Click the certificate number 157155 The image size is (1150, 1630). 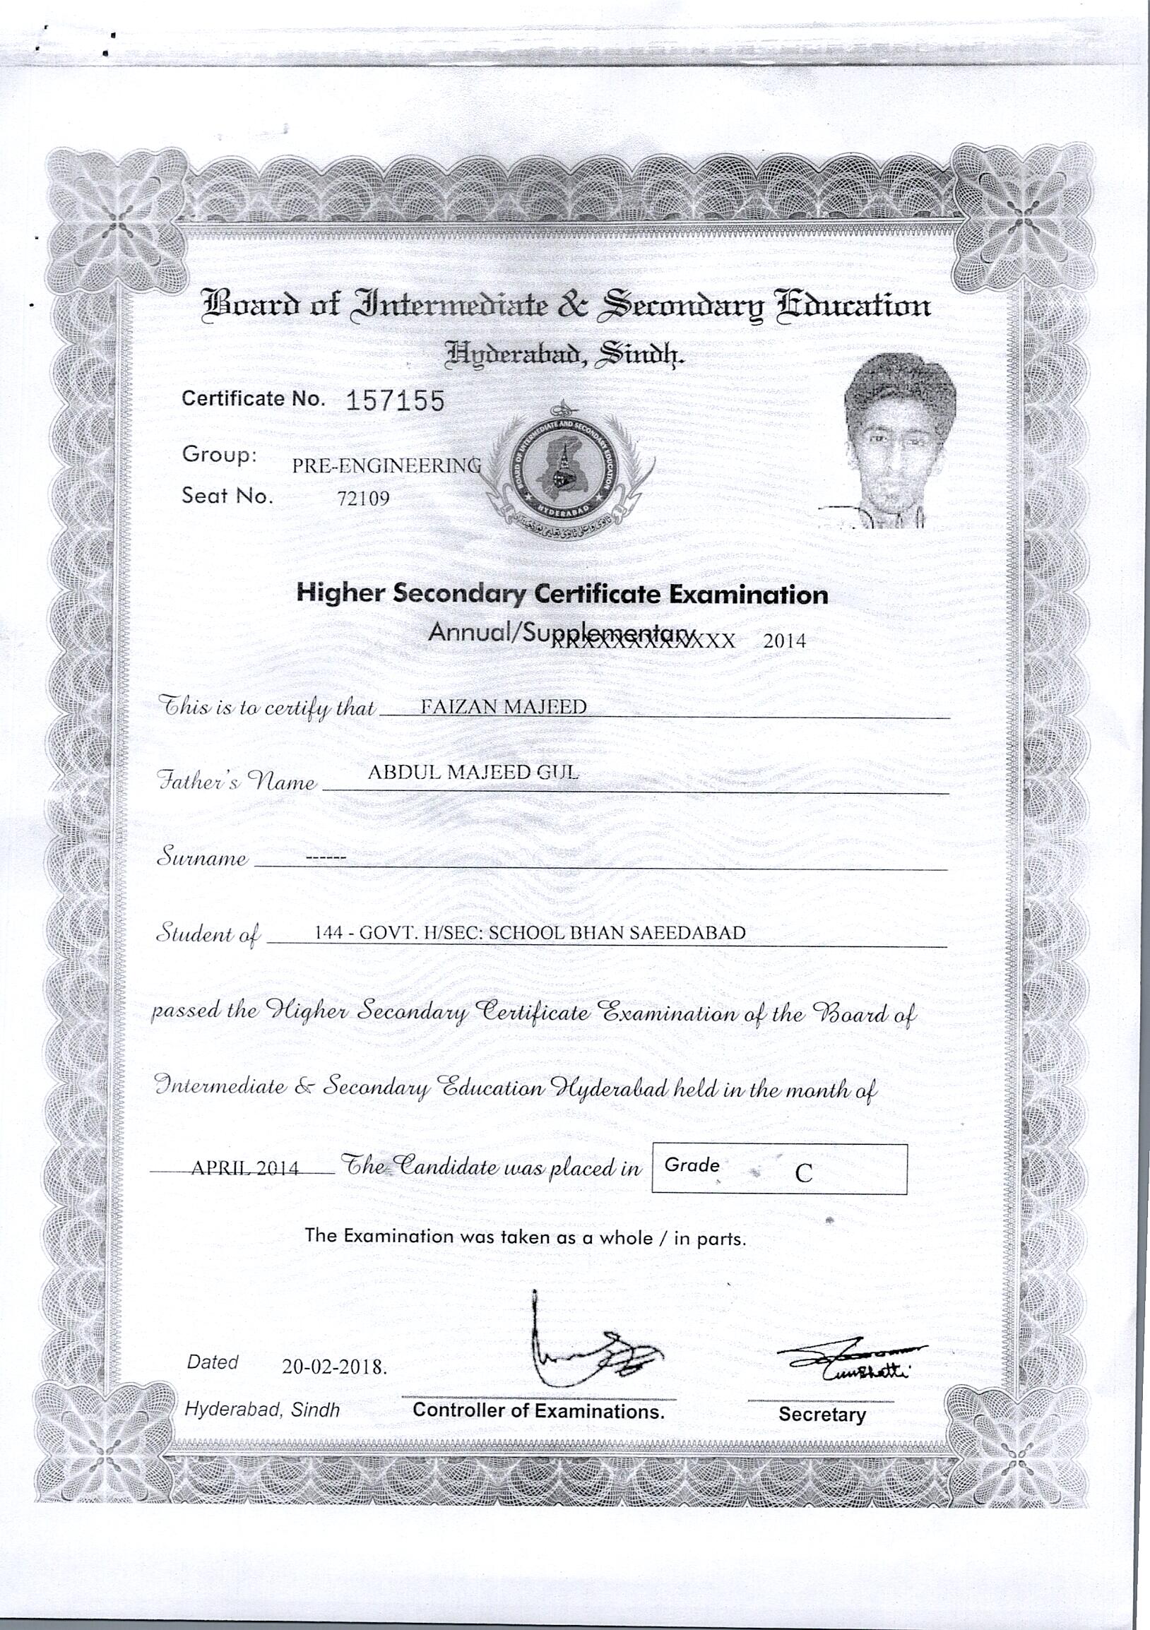pos(395,402)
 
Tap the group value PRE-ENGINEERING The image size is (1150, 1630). pos(387,465)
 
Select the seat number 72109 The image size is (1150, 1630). pos(364,499)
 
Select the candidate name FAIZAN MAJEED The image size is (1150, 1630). pos(504,706)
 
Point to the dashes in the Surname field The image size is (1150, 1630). pos(325,859)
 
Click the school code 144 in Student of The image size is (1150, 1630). pos(328,934)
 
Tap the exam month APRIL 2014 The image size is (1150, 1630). pos(245,1168)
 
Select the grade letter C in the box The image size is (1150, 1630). pos(803,1173)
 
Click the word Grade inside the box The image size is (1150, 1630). pos(692,1165)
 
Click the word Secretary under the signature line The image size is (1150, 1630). pos(822,1414)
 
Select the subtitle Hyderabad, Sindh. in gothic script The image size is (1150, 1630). pos(564,352)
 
